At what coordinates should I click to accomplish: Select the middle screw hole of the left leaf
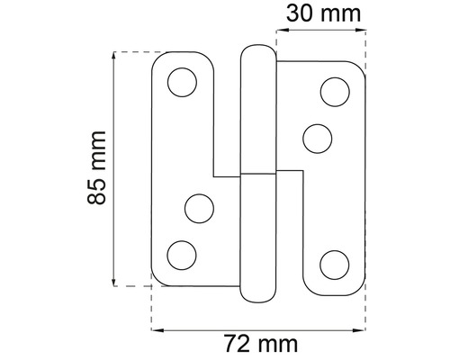tap(197, 209)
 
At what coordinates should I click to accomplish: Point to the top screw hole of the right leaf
tap(334, 91)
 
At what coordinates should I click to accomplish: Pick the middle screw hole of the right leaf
tap(318, 139)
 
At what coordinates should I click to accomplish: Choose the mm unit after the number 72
tap(278, 344)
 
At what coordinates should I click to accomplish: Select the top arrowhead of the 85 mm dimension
tap(113, 56)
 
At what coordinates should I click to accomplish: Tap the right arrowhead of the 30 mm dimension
tap(362, 33)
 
